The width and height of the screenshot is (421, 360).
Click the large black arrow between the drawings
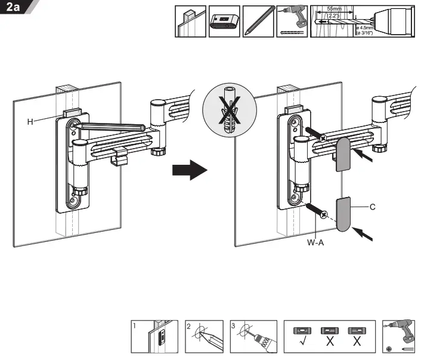189,171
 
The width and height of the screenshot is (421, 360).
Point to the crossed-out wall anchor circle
227,110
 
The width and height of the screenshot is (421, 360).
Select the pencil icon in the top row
258,21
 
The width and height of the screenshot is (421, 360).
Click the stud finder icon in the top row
224,21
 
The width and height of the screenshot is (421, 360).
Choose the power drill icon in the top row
292,21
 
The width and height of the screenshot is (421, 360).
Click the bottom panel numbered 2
205,337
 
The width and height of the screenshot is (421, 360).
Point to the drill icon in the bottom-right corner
398,337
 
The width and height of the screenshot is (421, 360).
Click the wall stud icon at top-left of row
190,21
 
